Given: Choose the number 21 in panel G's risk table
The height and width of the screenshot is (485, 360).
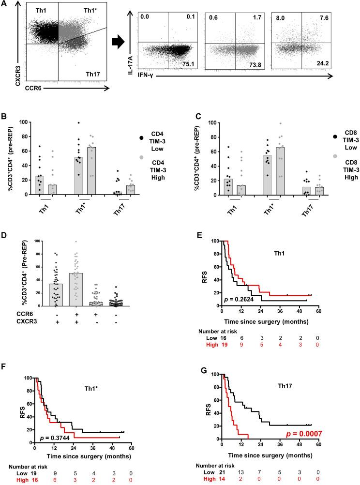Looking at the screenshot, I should pyautogui.click(x=226, y=470).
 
